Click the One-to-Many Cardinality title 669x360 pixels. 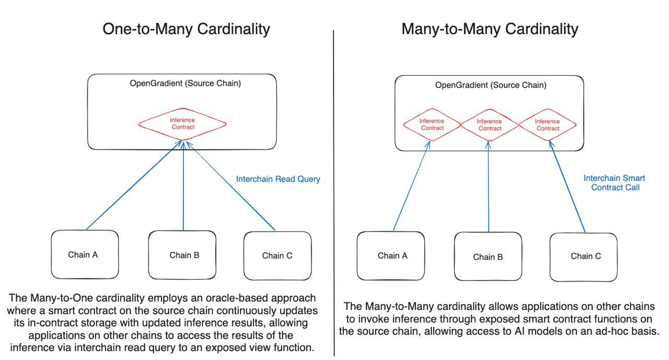pyautogui.click(x=186, y=29)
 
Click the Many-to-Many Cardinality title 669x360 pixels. pyautogui.click(x=490, y=29)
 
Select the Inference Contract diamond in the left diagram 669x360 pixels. pyautogui.click(x=182, y=124)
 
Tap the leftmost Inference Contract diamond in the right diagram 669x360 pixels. pyautogui.click(x=432, y=125)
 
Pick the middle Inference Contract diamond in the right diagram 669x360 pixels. pyautogui.click(x=490, y=125)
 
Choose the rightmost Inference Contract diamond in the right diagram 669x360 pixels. pyautogui.click(x=548, y=125)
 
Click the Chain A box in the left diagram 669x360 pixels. pyautogui.click(x=85, y=254)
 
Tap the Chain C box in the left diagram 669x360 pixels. pyautogui.click(x=277, y=256)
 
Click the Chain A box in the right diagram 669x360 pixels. pyautogui.click(x=392, y=256)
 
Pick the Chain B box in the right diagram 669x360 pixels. pyautogui.click(x=488, y=257)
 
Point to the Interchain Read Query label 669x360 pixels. pyautogui.click(x=278, y=179)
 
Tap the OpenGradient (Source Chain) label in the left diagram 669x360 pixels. pyautogui.click(x=185, y=83)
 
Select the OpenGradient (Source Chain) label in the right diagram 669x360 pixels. pyautogui.click(x=490, y=85)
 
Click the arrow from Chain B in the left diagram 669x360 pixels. pyautogui.click(x=183, y=188)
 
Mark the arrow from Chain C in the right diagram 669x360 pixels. pyautogui.click(x=568, y=188)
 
